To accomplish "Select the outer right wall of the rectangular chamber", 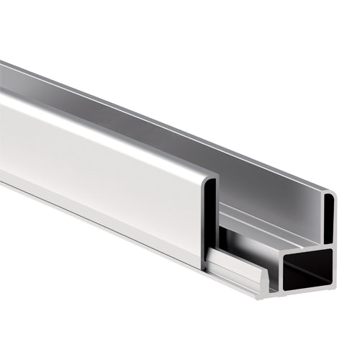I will tap(338, 270).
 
